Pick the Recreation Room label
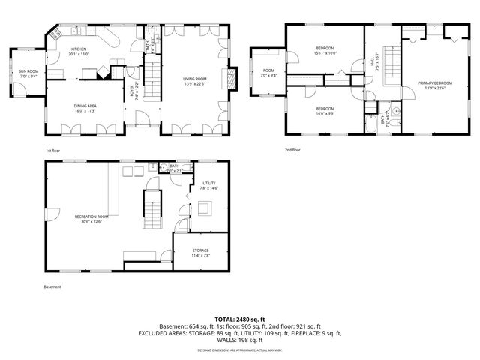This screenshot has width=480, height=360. tap(91, 219)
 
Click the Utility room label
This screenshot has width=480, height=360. tap(209, 186)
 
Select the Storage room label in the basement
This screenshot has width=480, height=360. tap(199, 253)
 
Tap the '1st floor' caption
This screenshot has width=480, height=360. tap(52, 150)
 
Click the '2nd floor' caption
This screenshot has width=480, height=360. tap(292, 148)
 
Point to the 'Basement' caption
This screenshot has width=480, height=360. tap(52, 286)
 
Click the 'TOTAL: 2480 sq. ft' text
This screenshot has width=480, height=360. tap(239, 319)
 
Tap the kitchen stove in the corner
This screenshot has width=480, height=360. tap(55, 34)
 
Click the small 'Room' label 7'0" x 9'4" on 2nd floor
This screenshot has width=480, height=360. tap(268, 74)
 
